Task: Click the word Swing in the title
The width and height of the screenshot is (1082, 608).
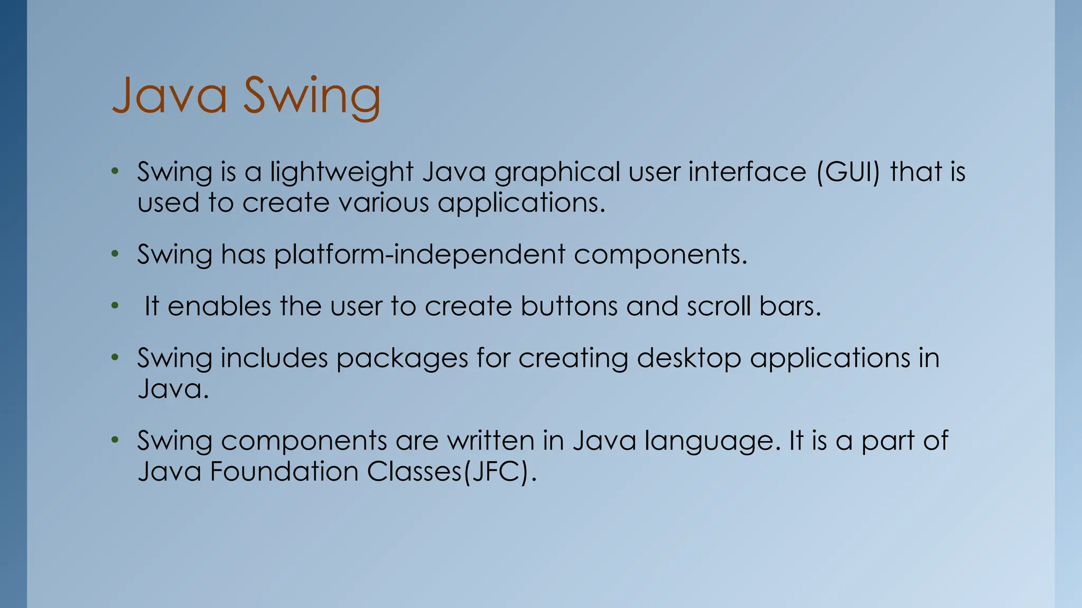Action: coord(312,96)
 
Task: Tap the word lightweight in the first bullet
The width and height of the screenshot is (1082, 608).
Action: coord(341,172)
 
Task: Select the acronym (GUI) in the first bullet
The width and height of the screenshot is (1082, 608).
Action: coord(848,172)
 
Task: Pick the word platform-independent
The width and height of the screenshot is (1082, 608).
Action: coord(419,254)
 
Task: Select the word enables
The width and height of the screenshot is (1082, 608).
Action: coord(219,306)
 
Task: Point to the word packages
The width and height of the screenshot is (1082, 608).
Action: coord(402,359)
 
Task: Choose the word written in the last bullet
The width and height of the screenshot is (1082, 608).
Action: coord(491,441)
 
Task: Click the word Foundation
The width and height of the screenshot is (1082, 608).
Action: coord(284,471)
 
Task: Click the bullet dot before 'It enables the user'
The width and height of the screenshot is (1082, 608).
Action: coord(115,306)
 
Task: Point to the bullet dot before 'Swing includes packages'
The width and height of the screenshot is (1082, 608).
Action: coord(115,358)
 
